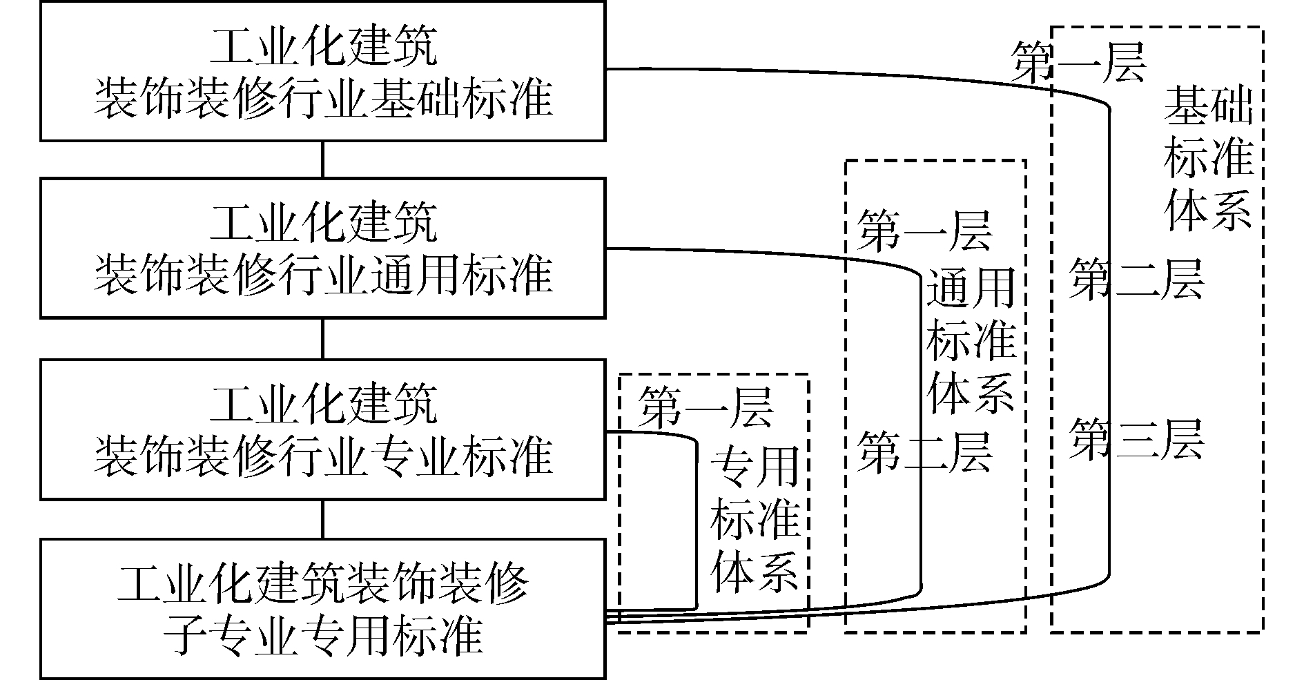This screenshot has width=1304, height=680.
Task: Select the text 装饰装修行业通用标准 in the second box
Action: [322, 275]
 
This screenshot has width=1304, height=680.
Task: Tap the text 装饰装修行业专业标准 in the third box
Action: [322, 456]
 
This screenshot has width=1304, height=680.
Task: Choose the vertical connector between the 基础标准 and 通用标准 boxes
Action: [322, 159]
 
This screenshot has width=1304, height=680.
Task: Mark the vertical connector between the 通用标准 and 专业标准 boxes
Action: [322, 338]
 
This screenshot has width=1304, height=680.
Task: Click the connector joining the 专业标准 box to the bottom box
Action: [322, 518]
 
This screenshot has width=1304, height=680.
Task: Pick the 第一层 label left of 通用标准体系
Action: [924, 231]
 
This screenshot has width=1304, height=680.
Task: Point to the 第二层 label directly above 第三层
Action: [1136, 279]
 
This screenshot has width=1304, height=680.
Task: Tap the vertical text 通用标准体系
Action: [969, 342]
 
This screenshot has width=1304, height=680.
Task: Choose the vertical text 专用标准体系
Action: [755, 519]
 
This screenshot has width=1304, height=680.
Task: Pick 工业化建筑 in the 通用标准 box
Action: [322, 224]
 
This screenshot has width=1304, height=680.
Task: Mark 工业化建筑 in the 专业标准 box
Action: [322, 405]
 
